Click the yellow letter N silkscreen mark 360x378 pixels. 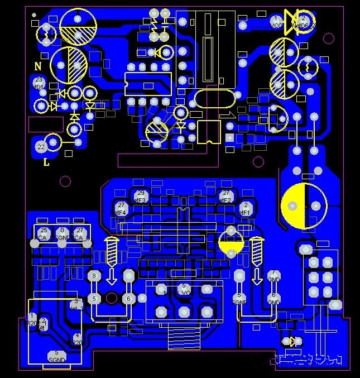point(38,66)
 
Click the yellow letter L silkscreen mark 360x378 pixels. point(46,163)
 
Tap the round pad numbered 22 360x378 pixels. point(41,146)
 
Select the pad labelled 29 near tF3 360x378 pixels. point(140,195)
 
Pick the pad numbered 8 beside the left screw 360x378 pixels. point(94,276)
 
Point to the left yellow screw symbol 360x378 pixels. point(112,251)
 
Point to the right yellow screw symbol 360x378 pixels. point(257,251)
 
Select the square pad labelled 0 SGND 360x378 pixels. point(62,233)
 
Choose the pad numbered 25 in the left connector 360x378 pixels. point(43,233)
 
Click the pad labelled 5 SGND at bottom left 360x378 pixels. point(56,356)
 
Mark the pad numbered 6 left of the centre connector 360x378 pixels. point(128,299)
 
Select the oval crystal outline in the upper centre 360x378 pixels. point(214,100)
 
